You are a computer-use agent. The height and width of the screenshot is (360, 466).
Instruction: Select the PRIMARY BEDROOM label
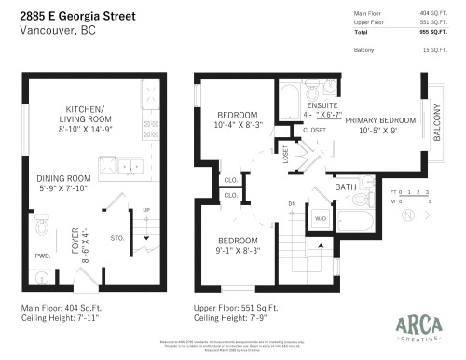click(x=380, y=120)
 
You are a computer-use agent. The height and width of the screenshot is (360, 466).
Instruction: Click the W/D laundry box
click(x=322, y=220)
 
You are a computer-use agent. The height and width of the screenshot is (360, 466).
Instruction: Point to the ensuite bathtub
click(x=289, y=98)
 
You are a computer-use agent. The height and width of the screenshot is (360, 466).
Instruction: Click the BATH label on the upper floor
click(x=347, y=187)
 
